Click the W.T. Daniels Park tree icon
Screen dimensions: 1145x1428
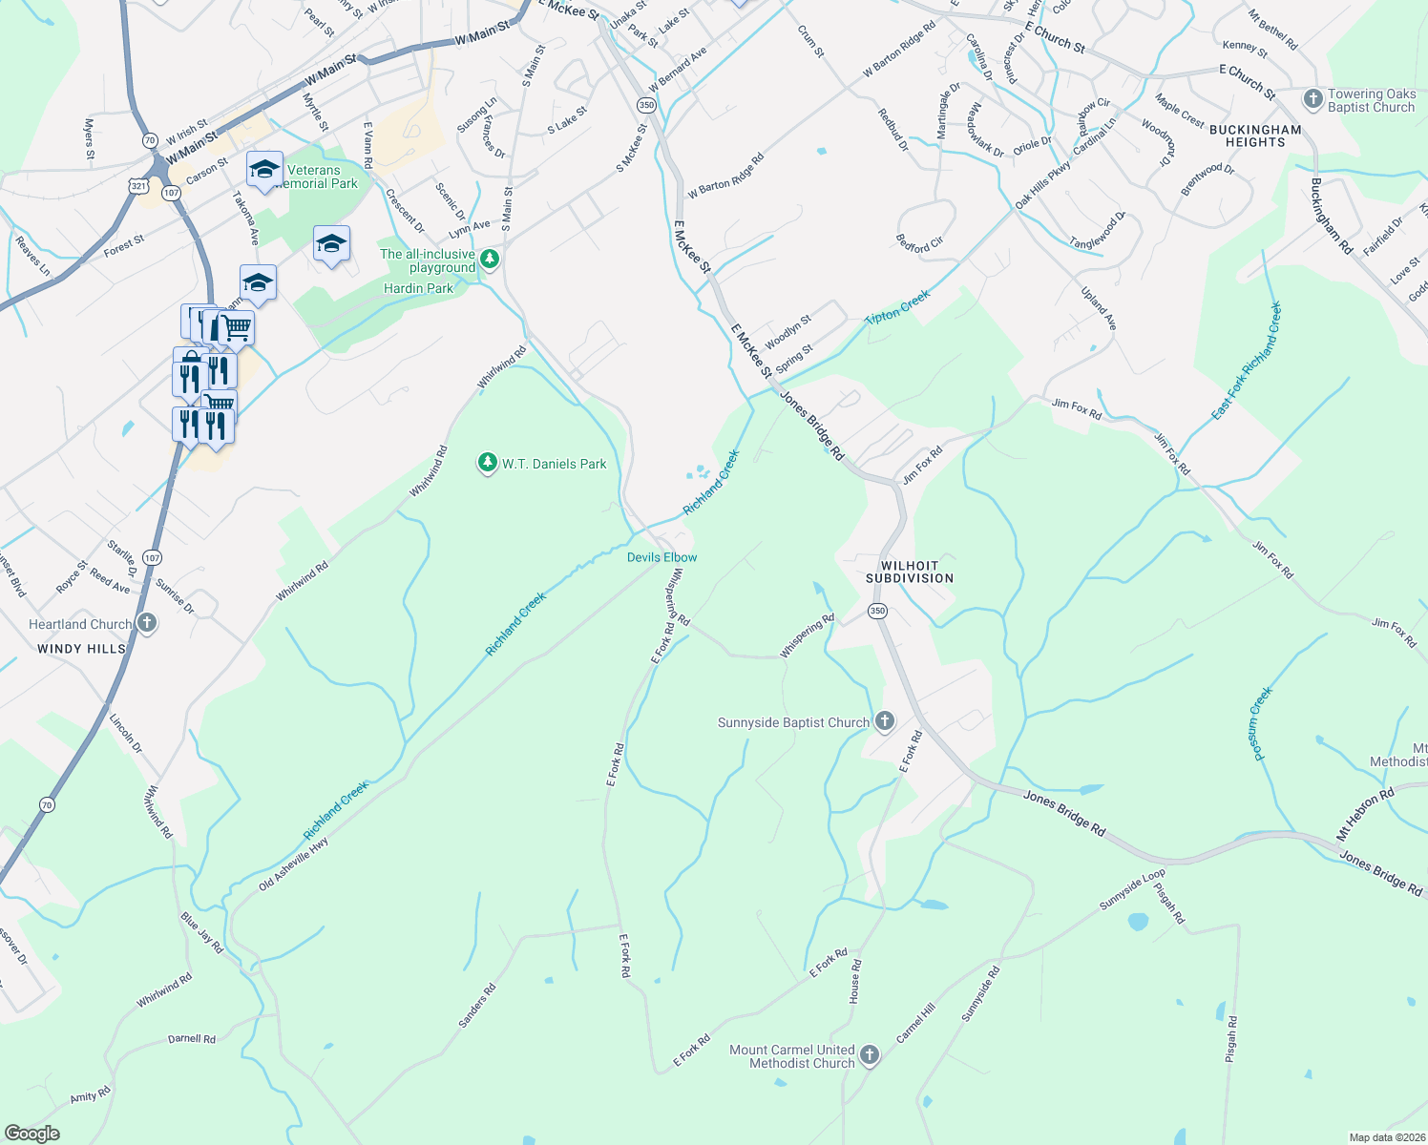pyautogui.click(x=488, y=464)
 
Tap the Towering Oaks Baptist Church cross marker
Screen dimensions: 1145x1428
pyautogui.click(x=1313, y=99)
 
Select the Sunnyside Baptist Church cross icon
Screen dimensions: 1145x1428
pyautogui.click(x=885, y=721)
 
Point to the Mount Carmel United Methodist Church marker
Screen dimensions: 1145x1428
pyautogui.click(x=869, y=1055)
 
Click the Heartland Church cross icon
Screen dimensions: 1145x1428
pyautogui.click(x=146, y=624)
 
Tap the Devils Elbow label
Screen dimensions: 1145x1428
pyautogui.click(x=661, y=557)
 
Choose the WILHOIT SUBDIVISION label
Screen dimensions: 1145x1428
pyautogui.click(x=910, y=572)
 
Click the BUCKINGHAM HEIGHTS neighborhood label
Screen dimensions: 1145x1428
pyautogui.click(x=1255, y=135)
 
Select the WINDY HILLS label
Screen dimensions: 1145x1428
pyautogui.click(x=81, y=649)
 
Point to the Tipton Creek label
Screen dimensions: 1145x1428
pyautogui.click(x=897, y=307)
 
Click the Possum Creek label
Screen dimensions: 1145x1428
pyautogui.click(x=1262, y=723)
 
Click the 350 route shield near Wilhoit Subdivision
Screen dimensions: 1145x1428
pyautogui.click(x=877, y=611)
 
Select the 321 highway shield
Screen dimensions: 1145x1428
pyautogui.click(x=138, y=186)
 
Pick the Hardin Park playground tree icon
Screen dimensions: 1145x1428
pyautogui.click(x=490, y=259)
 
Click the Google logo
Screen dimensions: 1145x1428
pyautogui.click(x=31, y=1134)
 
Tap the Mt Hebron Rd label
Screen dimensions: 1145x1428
pyautogui.click(x=1365, y=814)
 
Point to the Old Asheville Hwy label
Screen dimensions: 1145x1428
pyautogui.click(x=293, y=864)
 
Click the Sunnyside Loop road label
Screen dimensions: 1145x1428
pyautogui.click(x=1132, y=889)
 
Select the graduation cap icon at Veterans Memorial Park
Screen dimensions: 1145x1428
pyautogui.click(x=264, y=170)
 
